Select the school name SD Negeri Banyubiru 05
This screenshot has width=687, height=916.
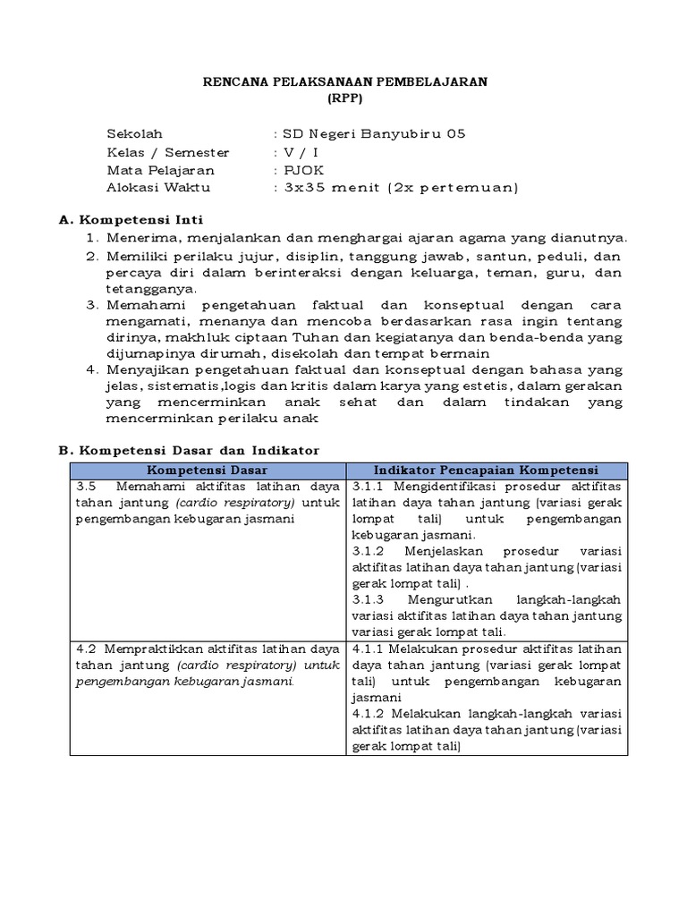(x=373, y=135)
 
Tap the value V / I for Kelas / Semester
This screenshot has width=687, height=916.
(x=300, y=153)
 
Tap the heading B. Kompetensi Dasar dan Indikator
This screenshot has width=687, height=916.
(x=188, y=451)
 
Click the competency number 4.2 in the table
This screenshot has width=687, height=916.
(x=86, y=649)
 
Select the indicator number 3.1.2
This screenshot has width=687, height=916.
(x=368, y=552)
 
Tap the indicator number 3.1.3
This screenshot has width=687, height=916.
(x=368, y=600)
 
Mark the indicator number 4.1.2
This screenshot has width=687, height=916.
(x=368, y=714)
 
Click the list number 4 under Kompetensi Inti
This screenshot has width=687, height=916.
(x=90, y=369)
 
